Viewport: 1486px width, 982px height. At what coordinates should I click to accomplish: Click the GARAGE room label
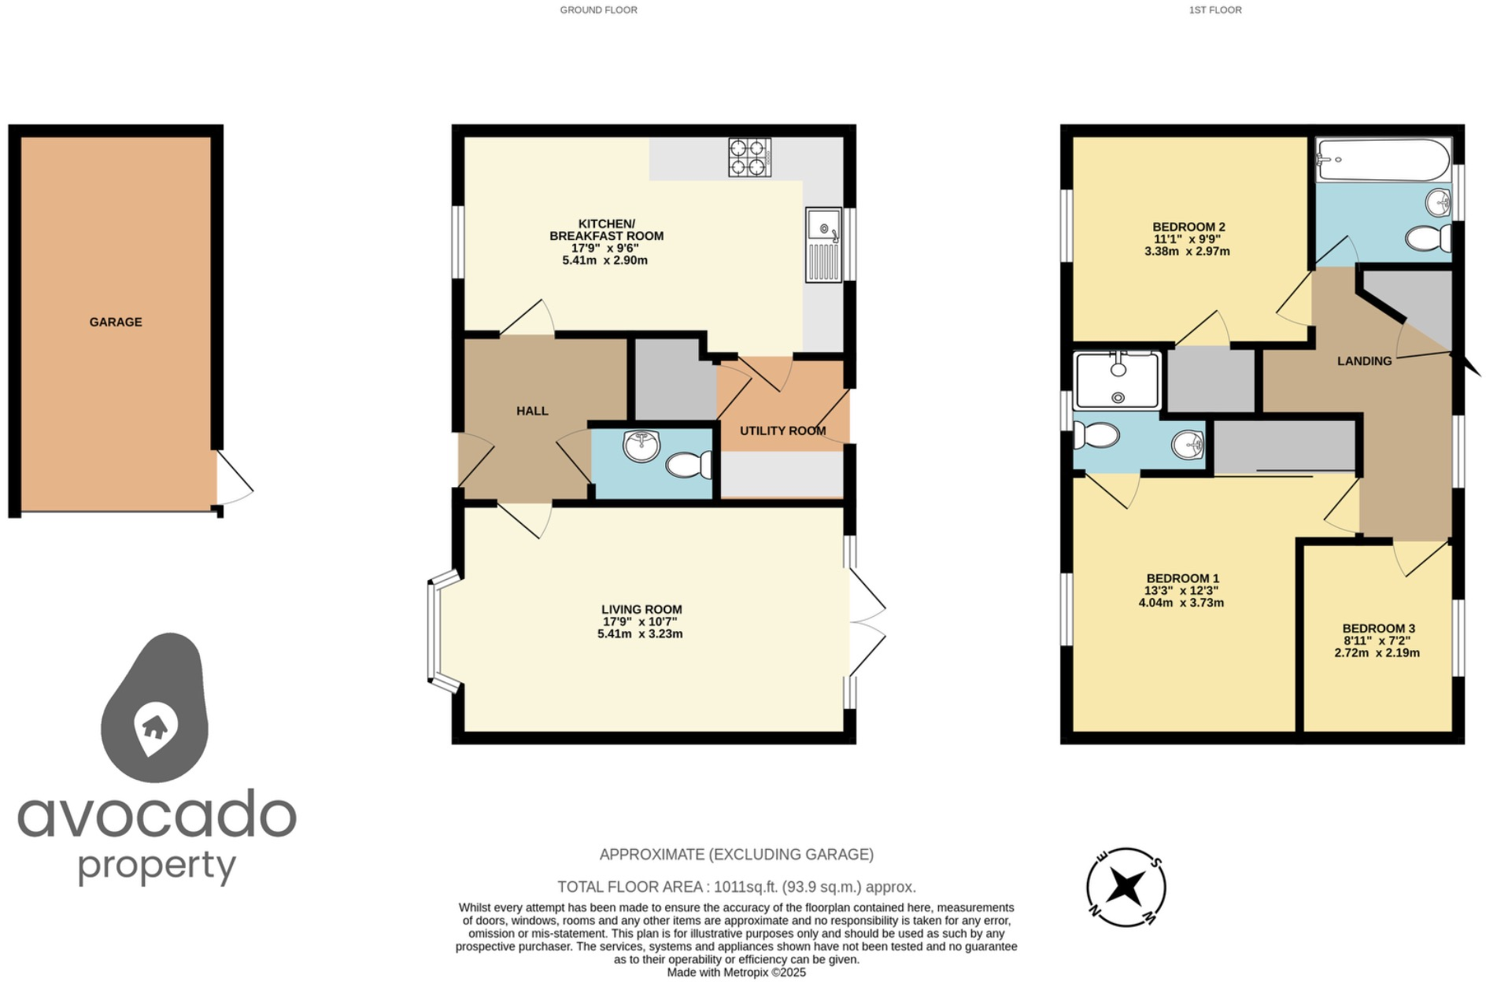point(116,322)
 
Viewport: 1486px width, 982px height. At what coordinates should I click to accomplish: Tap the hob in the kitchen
point(749,157)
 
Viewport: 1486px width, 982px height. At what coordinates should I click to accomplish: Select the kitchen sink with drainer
point(823,245)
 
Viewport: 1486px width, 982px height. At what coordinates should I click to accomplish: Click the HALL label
point(532,411)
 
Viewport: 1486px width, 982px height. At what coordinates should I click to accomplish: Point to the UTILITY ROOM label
point(782,430)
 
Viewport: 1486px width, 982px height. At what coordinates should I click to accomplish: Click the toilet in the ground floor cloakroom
point(689,465)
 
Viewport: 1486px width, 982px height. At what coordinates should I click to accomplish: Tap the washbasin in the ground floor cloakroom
point(641,446)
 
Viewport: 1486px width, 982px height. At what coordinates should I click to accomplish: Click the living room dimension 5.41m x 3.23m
point(640,633)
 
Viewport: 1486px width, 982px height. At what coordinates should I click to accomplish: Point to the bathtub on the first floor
point(1383,160)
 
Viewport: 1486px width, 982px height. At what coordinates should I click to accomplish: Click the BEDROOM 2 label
point(1188,227)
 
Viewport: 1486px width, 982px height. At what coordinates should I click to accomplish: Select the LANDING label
point(1364,361)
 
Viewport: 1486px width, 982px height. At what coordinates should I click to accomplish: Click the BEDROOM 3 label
point(1378,628)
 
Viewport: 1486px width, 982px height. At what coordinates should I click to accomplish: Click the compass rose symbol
point(1126,888)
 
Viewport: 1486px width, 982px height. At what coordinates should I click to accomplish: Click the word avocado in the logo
point(157,815)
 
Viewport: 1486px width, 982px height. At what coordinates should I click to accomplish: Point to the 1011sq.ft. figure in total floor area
point(745,887)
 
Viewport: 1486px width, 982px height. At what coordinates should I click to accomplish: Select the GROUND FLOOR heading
point(598,10)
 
